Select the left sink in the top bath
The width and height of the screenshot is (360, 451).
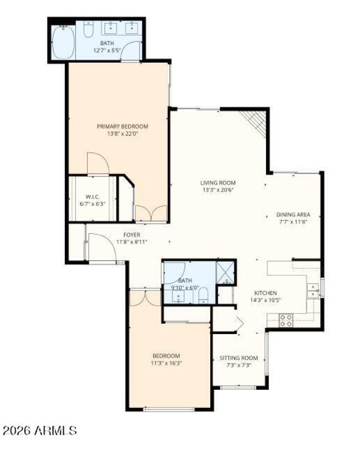(x=111, y=28)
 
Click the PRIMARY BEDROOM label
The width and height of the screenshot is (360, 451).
(x=122, y=126)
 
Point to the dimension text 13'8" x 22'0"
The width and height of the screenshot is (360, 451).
(x=122, y=133)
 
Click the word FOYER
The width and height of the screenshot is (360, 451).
(x=132, y=235)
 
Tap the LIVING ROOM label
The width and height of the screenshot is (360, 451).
(x=218, y=183)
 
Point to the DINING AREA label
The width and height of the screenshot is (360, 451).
(x=293, y=214)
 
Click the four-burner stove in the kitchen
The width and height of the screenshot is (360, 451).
(x=285, y=320)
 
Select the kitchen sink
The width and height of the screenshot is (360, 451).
(x=312, y=290)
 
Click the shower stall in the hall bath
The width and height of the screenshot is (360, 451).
(x=225, y=272)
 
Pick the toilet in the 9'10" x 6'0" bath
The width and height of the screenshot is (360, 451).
(x=203, y=295)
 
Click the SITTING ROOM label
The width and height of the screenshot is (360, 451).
(x=238, y=358)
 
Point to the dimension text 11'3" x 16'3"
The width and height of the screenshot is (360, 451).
(x=166, y=362)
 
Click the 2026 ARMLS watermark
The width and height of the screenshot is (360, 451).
(x=40, y=431)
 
